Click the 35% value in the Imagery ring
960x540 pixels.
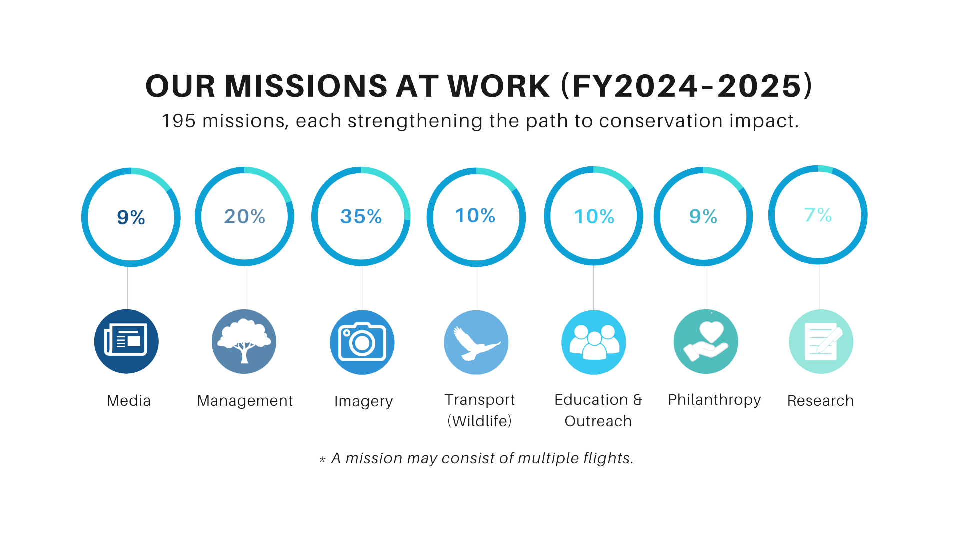coord(361,217)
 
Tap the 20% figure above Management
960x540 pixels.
coord(245,217)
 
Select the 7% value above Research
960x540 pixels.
coord(818,215)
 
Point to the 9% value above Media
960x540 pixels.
coord(131,218)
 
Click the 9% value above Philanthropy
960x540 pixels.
coord(703,217)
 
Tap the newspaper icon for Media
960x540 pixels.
coord(126,341)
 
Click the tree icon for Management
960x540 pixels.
coord(244,342)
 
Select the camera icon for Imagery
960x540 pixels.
coord(362,342)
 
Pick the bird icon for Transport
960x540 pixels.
coord(476,342)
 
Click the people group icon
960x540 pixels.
coord(594,342)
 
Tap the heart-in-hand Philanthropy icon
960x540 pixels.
coord(706,342)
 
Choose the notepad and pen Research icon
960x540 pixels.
coord(821,342)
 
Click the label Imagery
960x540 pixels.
coord(364,401)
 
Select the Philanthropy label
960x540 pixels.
coord(714,400)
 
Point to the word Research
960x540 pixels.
coord(820,401)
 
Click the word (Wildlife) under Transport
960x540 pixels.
coord(480,421)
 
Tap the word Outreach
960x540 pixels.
coord(598,421)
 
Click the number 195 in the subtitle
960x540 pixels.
coord(179,121)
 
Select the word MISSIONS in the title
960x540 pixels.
coord(306,86)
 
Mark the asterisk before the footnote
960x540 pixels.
coord(322,459)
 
